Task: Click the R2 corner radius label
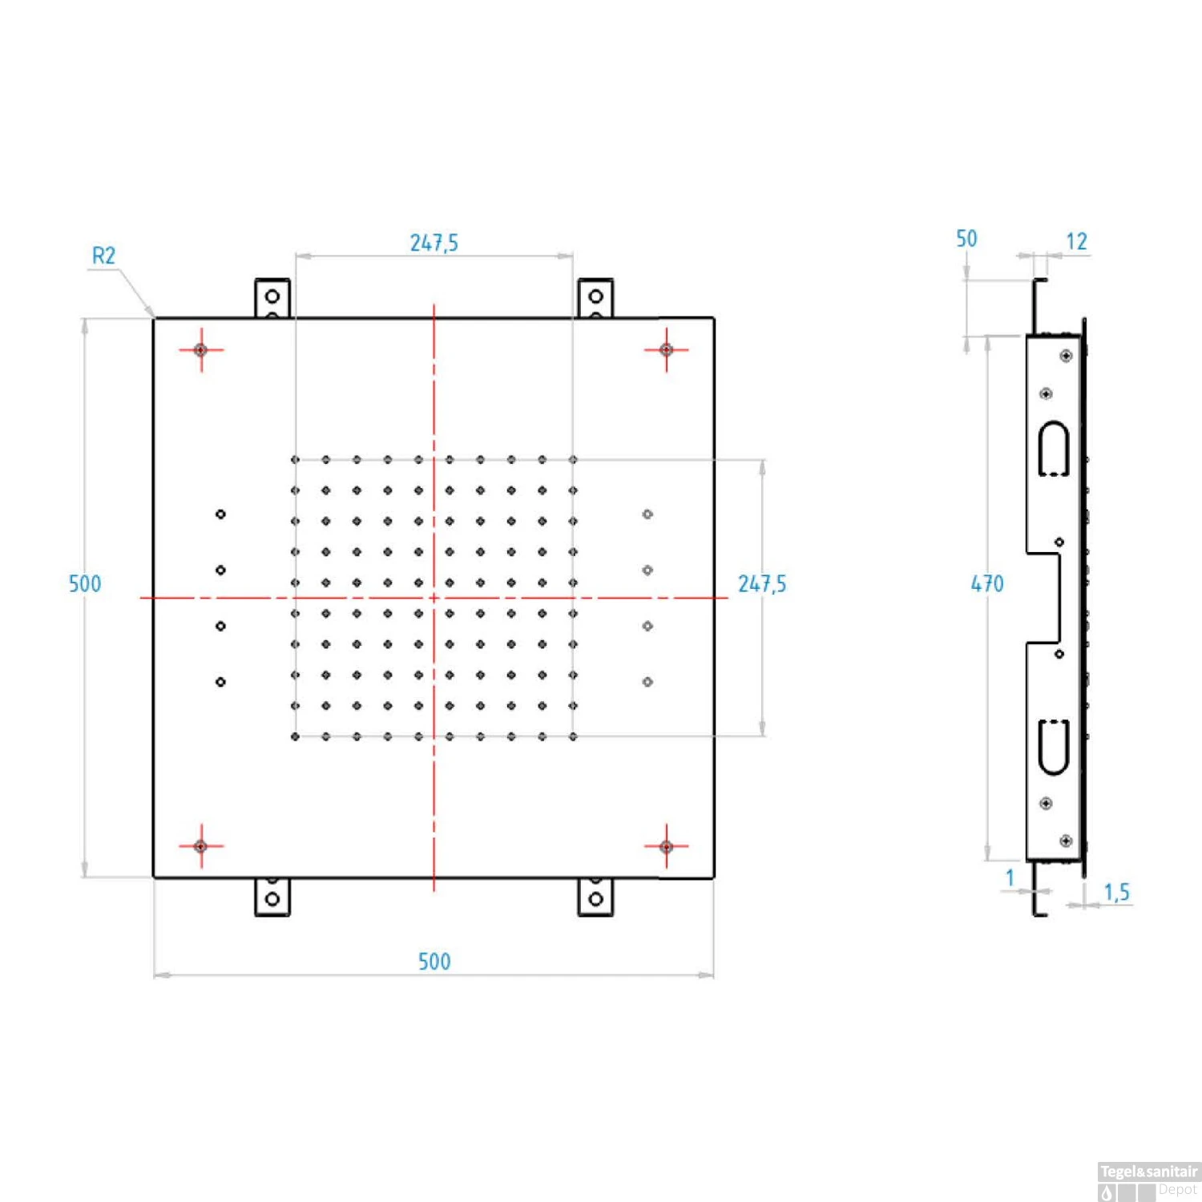[x=104, y=256]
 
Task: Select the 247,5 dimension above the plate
[x=434, y=243]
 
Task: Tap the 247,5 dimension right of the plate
[x=762, y=583]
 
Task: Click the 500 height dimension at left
[x=85, y=583]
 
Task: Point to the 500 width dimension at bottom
[x=434, y=962]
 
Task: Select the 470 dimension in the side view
[x=987, y=583]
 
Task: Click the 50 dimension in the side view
[x=966, y=239]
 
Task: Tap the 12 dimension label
[x=1076, y=241]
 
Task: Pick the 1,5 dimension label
[x=1116, y=892]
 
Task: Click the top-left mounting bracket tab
[x=272, y=298]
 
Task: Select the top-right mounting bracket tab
[x=595, y=298]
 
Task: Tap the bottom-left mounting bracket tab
[x=272, y=897]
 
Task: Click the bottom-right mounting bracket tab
[x=595, y=897]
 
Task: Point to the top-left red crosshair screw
[x=201, y=350]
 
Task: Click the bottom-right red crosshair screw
[x=666, y=846]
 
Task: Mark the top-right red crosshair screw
[x=666, y=350]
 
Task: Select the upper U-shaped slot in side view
[x=1054, y=449]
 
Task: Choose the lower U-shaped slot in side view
[x=1054, y=748]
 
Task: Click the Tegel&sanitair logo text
[x=1149, y=1172]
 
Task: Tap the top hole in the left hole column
[x=220, y=514]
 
